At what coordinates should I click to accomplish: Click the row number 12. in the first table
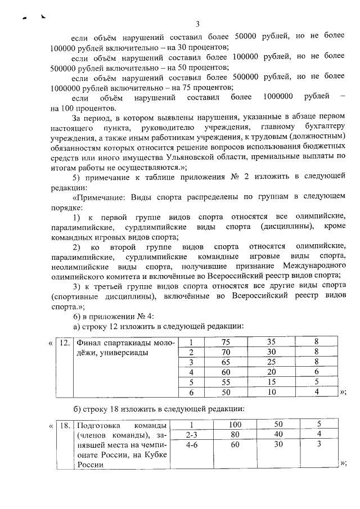coord(65,341)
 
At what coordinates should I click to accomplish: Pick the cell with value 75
coord(226,341)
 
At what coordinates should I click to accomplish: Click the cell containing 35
coord(271,341)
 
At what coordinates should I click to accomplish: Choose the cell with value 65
coord(226,362)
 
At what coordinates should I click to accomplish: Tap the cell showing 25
coord(271,362)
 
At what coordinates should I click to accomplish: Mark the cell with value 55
coord(226,382)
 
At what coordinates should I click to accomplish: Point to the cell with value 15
coord(271,382)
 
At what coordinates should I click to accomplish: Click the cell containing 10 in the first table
coord(271,392)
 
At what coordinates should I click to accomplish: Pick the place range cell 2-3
coord(191,434)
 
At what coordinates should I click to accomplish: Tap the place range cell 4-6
coord(191,444)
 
